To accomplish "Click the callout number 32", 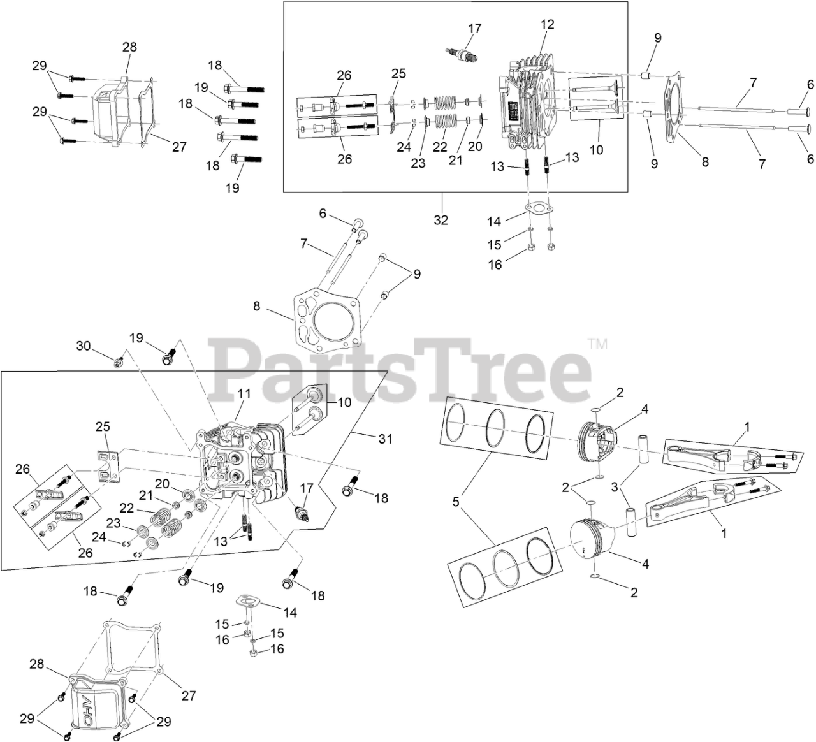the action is tap(441, 220).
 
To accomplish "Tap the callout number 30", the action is tap(84, 346).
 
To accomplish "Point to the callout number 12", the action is tap(548, 25).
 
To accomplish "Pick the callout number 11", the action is tap(244, 395).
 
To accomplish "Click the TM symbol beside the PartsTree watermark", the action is tap(597, 345).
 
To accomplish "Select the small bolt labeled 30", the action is tap(117, 363).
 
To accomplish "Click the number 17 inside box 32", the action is tap(474, 29).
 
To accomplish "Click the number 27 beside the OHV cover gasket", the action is tap(188, 695).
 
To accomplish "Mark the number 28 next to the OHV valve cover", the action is tap(37, 665).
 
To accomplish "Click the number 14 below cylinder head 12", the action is tap(494, 221).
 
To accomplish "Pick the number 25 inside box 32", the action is tap(398, 74).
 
